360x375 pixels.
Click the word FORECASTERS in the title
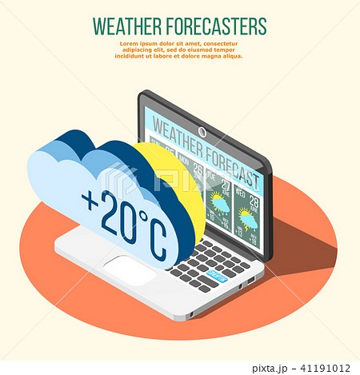pyautogui.click(x=214, y=26)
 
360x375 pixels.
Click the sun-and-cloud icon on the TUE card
pyautogui.click(x=218, y=202)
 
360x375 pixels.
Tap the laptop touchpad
pyautogui.click(x=129, y=269)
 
